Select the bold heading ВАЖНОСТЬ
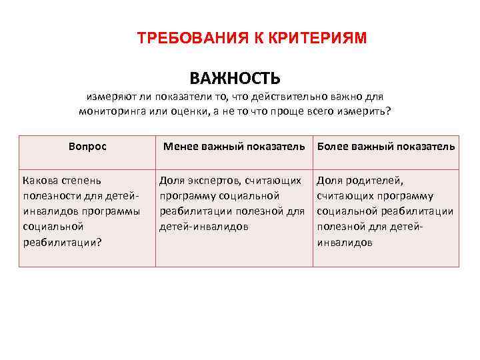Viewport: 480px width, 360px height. tap(235, 78)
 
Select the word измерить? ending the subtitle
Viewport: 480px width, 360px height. tap(367, 111)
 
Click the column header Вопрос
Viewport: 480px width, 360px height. tap(87, 146)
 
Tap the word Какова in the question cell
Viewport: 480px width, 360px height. tap(41, 180)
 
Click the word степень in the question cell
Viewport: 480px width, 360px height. tap(83, 180)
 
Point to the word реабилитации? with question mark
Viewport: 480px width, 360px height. tap(62, 242)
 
